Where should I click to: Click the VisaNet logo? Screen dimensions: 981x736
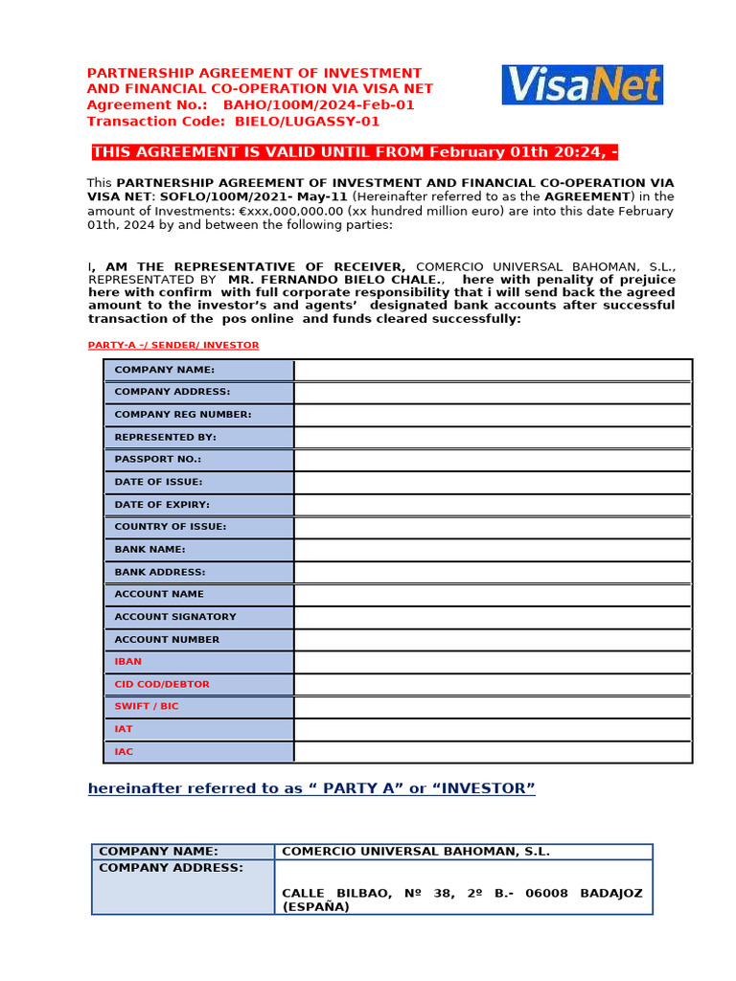tap(582, 84)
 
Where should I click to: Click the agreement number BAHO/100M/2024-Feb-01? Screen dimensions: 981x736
tap(319, 105)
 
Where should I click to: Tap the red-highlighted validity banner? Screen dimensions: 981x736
tap(361, 152)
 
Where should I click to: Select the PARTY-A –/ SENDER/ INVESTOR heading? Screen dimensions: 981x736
tap(173, 345)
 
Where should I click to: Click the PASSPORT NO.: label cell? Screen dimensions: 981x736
tap(198, 460)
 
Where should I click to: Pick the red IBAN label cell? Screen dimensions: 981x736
tap(198, 662)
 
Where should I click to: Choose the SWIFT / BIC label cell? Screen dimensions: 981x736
tap(198, 707)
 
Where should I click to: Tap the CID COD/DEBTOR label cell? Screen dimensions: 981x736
tap(198, 684)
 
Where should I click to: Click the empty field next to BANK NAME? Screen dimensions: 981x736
tap(493, 550)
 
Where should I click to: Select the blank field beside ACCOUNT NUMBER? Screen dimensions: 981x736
tap(493, 640)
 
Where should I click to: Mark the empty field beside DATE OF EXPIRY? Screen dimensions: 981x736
tap(493, 505)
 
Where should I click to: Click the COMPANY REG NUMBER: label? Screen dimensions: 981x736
tap(183, 415)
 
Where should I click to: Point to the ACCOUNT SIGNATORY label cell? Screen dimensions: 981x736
tap(198, 617)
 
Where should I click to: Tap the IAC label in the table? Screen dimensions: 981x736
tap(198, 752)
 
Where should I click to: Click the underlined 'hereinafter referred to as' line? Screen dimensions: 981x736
tap(311, 788)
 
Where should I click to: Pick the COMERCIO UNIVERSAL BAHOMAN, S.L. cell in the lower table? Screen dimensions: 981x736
tap(416, 852)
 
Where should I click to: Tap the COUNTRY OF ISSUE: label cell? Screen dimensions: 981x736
tap(198, 527)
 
